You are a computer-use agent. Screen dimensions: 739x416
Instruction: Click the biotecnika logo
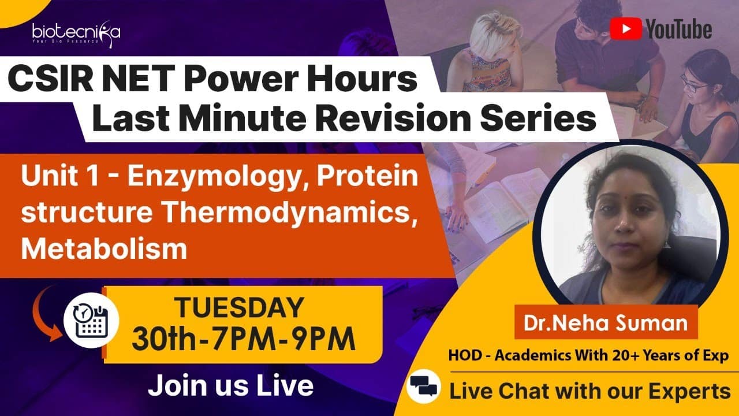click(76, 34)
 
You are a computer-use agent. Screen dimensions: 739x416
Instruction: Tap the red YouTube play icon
click(626, 29)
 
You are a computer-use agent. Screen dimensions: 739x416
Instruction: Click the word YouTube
click(678, 29)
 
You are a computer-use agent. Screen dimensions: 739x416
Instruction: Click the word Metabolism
click(104, 248)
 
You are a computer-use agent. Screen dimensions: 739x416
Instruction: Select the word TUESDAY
click(239, 307)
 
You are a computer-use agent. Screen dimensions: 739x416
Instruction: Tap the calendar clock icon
click(91, 320)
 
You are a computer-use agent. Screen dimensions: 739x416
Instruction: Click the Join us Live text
click(230, 385)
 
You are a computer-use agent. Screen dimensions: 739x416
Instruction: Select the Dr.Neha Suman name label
click(606, 322)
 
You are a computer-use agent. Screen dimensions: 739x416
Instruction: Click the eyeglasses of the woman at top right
click(694, 85)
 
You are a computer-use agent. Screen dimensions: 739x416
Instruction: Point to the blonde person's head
click(492, 35)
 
